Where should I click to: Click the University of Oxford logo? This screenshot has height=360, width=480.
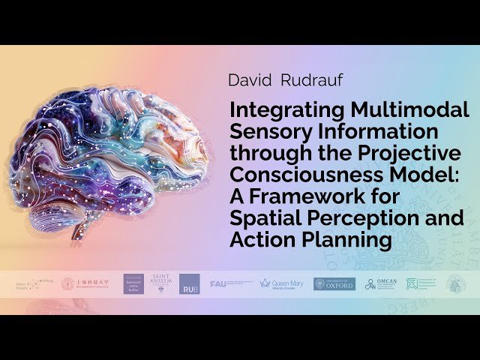(334, 283)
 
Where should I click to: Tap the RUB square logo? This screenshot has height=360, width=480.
(189, 285)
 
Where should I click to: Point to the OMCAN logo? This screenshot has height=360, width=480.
(380, 283)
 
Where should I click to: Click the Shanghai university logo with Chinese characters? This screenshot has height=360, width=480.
(82, 283)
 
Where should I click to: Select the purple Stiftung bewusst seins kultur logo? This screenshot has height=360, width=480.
(133, 283)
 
